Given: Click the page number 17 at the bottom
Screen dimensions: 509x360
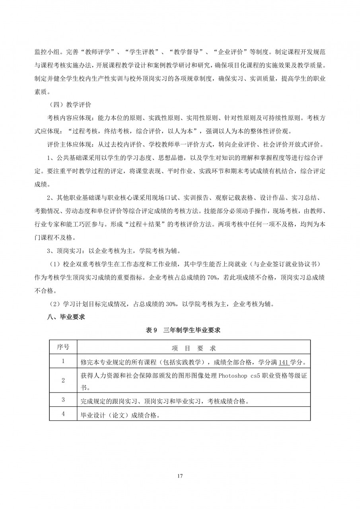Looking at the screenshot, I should pyautogui.click(x=180, y=476).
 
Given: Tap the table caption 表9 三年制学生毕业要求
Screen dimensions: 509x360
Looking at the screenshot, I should pyautogui.click(x=180, y=330).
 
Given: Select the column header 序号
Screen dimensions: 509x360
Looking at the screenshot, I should pyautogui.click(x=63, y=348).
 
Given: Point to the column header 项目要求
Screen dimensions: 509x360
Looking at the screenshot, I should pyautogui.click(x=194, y=348).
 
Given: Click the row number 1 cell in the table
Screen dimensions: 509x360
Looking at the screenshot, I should pyautogui.click(x=63, y=361).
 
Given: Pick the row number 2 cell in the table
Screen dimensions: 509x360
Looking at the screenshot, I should pyautogui.click(x=63, y=380).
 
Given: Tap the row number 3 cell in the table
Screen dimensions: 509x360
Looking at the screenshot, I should pyautogui.click(x=63, y=400).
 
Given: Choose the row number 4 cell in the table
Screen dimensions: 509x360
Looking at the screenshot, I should pyautogui.click(x=63, y=414).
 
